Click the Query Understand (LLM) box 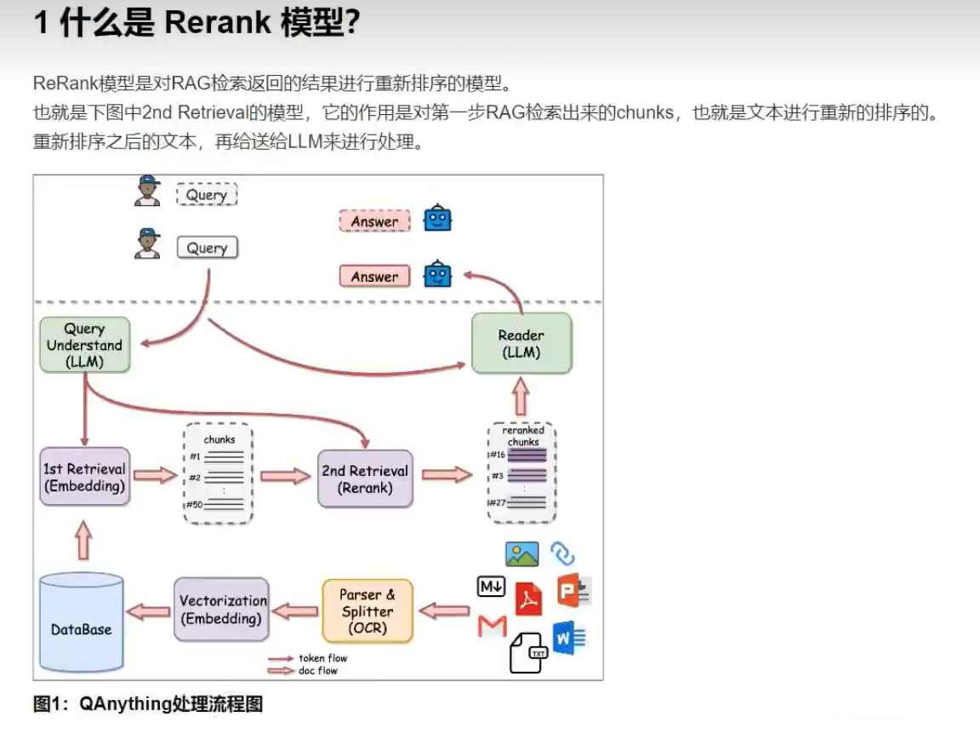[85, 345]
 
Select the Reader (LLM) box [521, 343]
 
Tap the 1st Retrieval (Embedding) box [85, 477]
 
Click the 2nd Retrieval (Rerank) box [365, 479]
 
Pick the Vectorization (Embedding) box [222, 610]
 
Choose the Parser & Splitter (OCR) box [367, 611]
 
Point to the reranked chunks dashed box [522, 473]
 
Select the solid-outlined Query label [207, 248]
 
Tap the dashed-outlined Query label [207, 195]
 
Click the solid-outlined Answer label [374, 277]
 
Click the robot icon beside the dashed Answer [438, 219]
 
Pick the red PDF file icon [529, 599]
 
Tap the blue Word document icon [568, 637]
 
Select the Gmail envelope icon [493, 627]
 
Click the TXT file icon [527, 653]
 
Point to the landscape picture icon [522, 554]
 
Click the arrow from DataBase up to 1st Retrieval [83, 540]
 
